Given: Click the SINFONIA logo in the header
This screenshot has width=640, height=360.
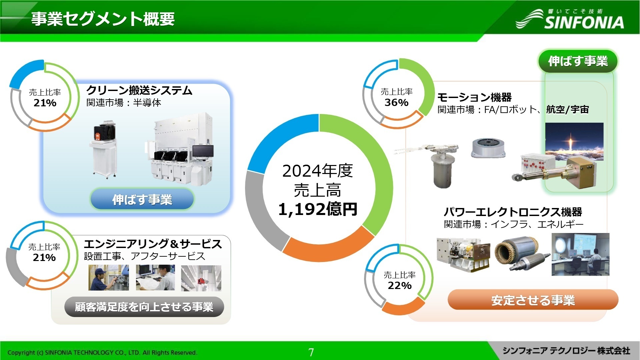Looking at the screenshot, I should click(x=570, y=19).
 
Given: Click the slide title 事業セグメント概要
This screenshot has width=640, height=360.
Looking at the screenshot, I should click(x=103, y=19).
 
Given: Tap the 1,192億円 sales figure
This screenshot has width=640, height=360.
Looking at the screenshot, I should click(x=317, y=209).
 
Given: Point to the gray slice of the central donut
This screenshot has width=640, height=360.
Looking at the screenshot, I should click(x=262, y=210).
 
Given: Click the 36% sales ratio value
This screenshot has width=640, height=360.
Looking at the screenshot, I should click(x=396, y=102).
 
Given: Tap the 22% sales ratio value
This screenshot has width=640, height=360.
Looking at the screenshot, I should click(x=399, y=285).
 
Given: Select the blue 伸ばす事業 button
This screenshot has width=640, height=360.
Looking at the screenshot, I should click(x=142, y=199).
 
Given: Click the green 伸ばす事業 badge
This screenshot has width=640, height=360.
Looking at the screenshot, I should click(x=578, y=61).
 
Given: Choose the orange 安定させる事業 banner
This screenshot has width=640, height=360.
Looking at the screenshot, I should click(x=533, y=300).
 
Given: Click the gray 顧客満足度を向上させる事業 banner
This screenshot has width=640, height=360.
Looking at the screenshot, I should click(x=144, y=307).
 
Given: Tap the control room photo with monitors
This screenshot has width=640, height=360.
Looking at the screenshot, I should click(x=580, y=254).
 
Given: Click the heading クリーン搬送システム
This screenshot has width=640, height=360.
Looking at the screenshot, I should click(x=139, y=90).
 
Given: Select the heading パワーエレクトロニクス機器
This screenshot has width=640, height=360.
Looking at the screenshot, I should click(x=513, y=212).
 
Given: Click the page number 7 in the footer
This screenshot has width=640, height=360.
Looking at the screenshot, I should click(x=311, y=352).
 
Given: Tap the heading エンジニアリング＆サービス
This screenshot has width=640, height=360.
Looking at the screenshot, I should click(x=153, y=244).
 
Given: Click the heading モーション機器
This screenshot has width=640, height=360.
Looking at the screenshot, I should click(x=474, y=97).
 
